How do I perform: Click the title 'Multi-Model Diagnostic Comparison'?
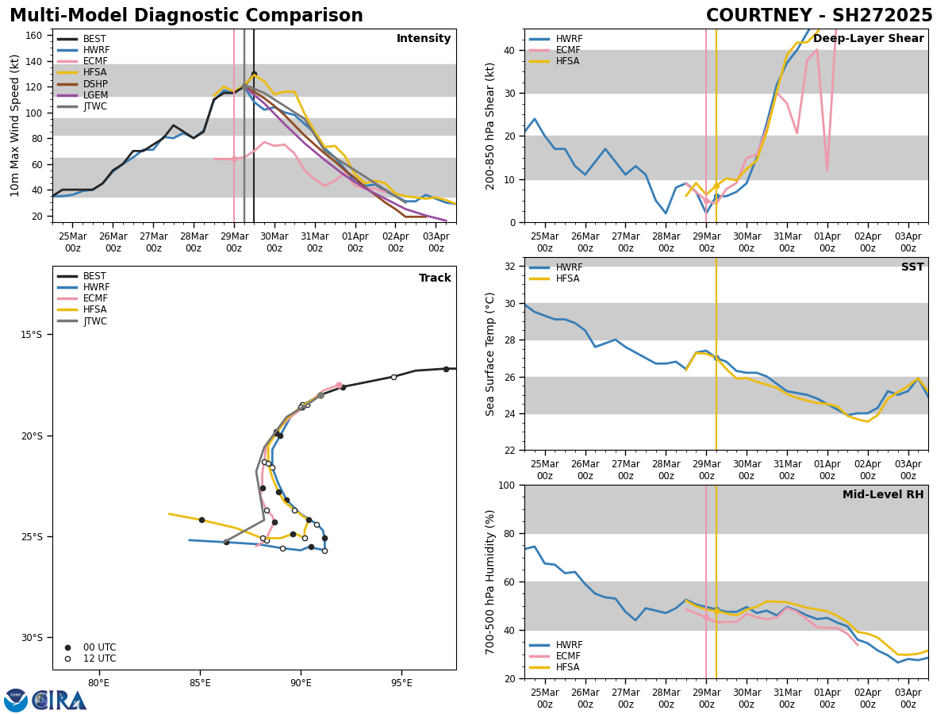pyautogui.click(x=186, y=16)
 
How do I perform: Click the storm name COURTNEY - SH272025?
pyautogui.click(x=819, y=16)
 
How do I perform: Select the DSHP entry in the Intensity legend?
pyautogui.click(x=94, y=84)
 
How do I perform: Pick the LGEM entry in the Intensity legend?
pyautogui.click(x=94, y=95)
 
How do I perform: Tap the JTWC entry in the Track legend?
pyautogui.click(x=94, y=321)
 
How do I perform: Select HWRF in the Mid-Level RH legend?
pyautogui.click(x=569, y=645)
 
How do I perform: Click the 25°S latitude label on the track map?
pyautogui.click(x=30, y=537)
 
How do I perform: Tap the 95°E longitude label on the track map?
pyautogui.click(x=401, y=682)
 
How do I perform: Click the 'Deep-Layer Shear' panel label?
pyautogui.click(x=868, y=39)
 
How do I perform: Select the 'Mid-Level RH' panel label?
pyautogui.click(x=882, y=495)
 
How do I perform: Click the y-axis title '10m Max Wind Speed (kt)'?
pyautogui.click(x=14, y=125)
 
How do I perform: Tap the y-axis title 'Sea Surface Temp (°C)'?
pyautogui.click(x=490, y=354)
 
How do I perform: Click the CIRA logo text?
pyautogui.click(x=59, y=700)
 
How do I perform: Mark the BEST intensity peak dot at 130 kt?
pyautogui.click(x=254, y=74)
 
